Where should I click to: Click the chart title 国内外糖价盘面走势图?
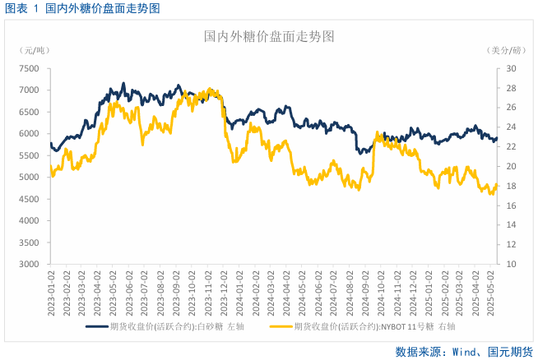point(269,37)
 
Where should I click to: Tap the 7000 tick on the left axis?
point(28,90)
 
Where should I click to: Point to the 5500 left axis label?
point(28,155)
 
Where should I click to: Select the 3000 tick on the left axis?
point(28,265)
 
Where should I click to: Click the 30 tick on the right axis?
point(511,68)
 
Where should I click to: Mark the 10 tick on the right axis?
point(511,265)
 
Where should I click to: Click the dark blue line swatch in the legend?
point(97,326)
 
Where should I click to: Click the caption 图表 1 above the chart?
point(22,8)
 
